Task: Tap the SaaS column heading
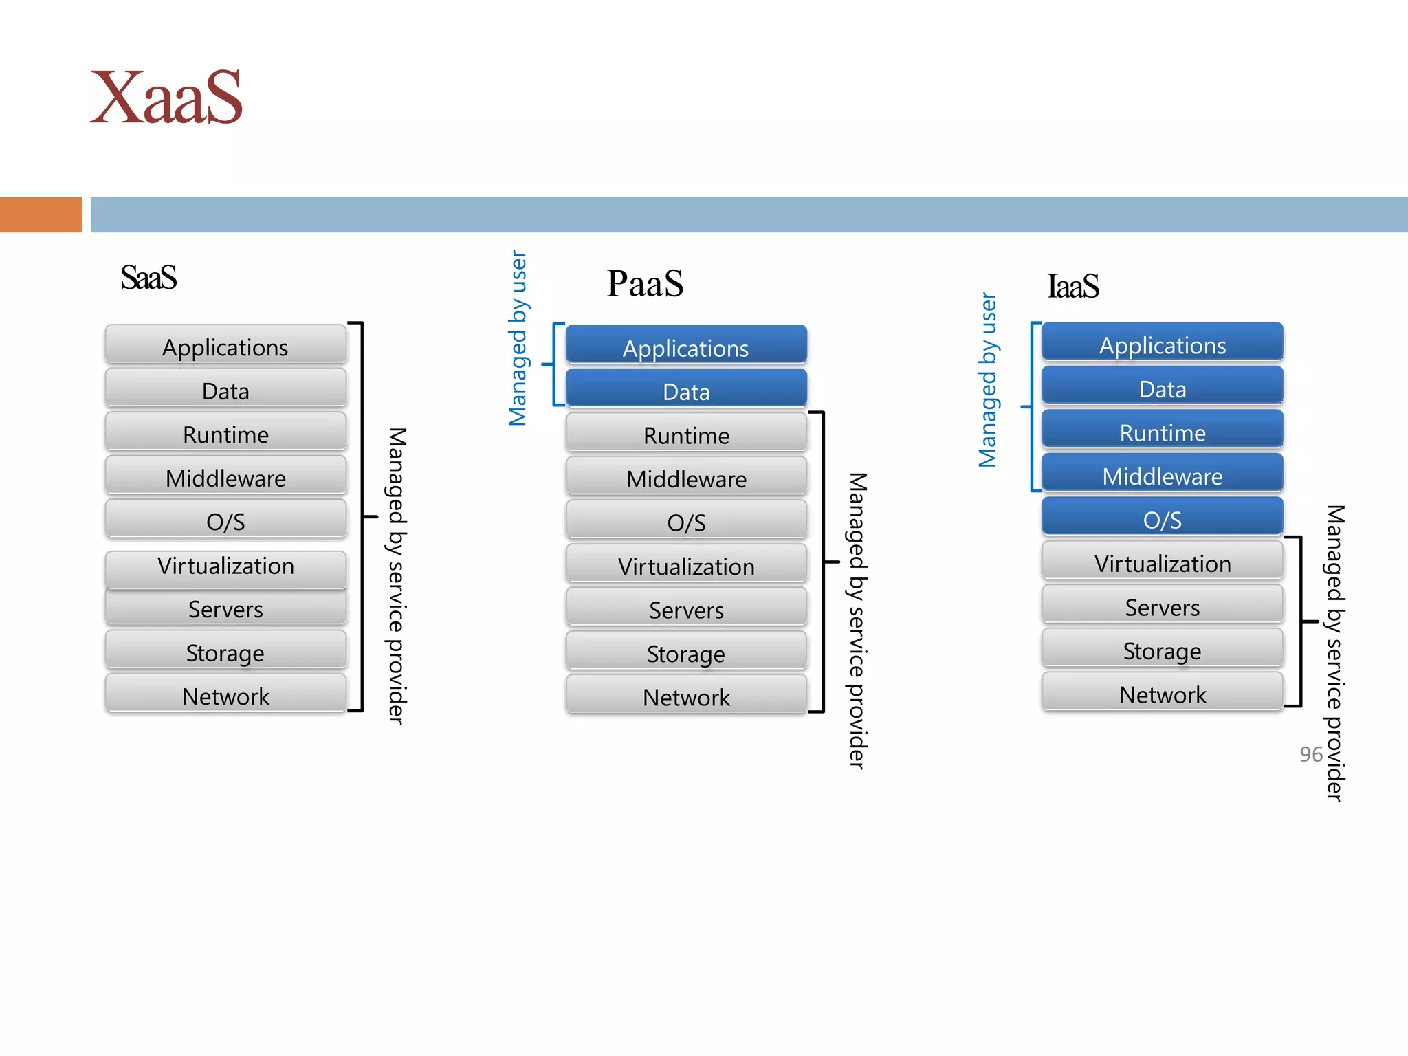(x=148, y=278)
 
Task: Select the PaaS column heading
(x=645, y=283)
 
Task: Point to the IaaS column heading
(x=1072, y=286)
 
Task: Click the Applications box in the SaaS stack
(x=225, y=345)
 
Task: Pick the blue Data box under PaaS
(x=686, y=390)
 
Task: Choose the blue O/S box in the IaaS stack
(x=1162, y=518)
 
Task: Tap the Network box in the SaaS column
(x=225, y=694)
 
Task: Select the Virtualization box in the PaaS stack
(x=686, y=564)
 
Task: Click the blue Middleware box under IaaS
(x=1162, y=474)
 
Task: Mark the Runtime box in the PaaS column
(x=686, y=434)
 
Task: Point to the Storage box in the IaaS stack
(x=1162, y=649)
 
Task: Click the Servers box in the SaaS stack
(x=225, y=607)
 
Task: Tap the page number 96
(x=1310, y=754)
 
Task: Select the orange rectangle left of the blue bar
(x=41, y=214)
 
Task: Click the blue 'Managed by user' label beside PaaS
(x=518, y=338)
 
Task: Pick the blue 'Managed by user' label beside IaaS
(x=987, y=380)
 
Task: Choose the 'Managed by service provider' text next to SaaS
(x=397, y=575)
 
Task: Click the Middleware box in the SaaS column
(x=225, y=476)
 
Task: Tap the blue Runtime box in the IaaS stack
(x=1162, y=431)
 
